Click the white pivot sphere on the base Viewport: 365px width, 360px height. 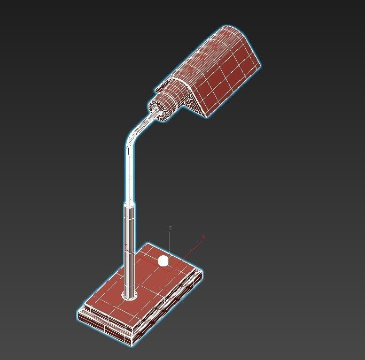(x=163, y=261)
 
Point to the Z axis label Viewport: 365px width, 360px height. (x=170, y=228)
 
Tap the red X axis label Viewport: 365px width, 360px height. (x=203, y=236)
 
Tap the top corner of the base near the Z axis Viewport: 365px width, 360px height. (x=148, y=244)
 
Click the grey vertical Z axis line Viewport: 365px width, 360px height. (x=170, y=243)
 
